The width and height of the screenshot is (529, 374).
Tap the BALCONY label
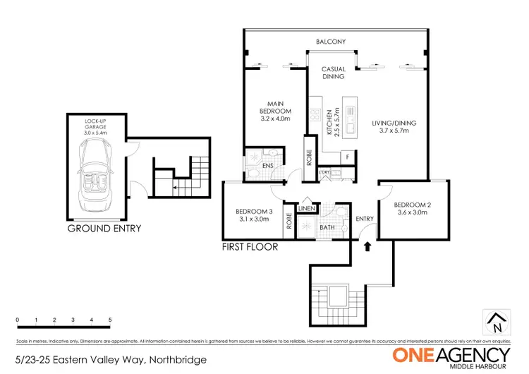(331, 42)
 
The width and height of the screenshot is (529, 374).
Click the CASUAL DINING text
(333, 73)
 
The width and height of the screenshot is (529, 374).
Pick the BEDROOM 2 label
(413, 208)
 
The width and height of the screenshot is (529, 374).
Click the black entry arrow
(367, 247)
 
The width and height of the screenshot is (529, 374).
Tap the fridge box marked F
(347, 157)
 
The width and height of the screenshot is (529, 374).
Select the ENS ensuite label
(267, 167)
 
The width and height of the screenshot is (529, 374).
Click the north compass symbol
(498, 322)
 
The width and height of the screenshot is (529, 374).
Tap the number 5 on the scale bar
(110, 320)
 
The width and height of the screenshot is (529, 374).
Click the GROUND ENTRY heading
(104, 229)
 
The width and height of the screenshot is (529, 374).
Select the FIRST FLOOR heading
(250, 247)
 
